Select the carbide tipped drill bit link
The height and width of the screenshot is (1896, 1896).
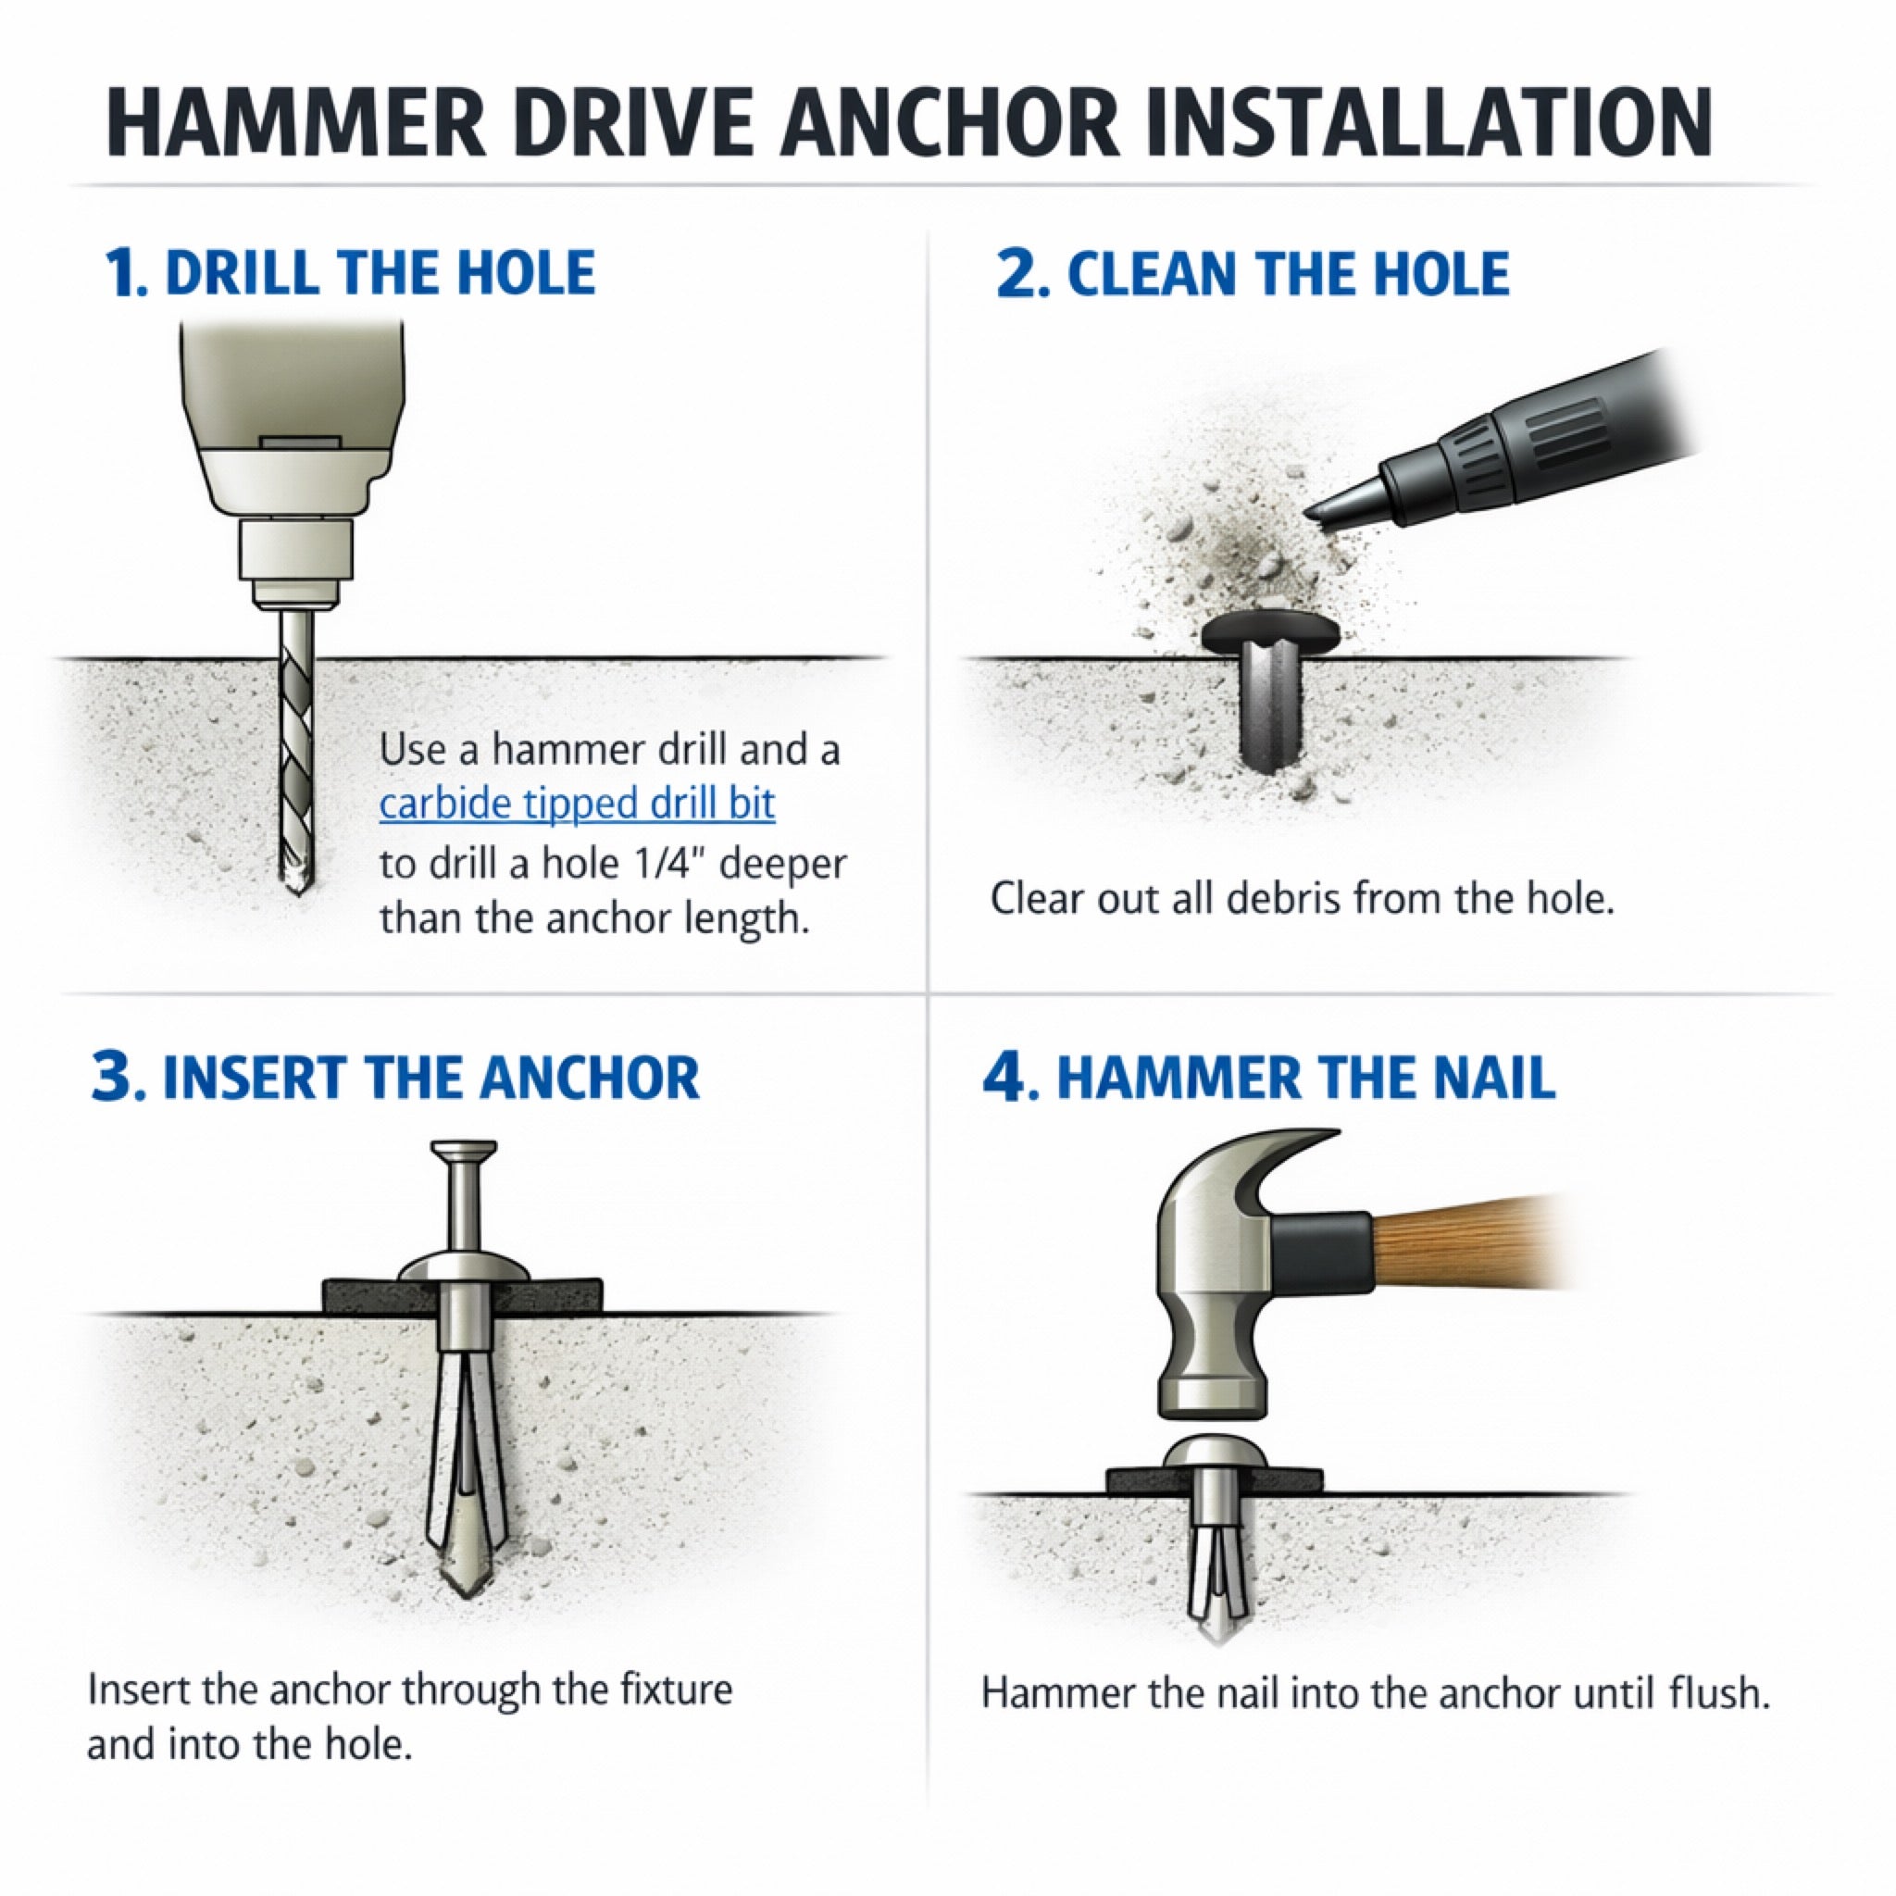[577, 804]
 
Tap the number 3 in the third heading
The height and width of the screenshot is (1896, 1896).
[118, 1078]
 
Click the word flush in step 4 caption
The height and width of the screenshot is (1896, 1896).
[1716, 1694]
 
